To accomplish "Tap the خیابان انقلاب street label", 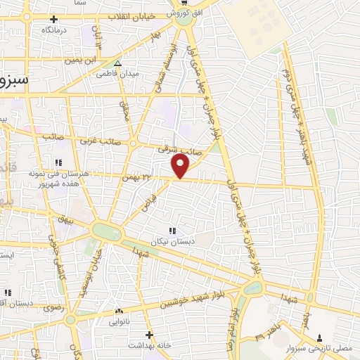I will click(x=143, y=15).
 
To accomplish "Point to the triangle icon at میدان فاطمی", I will click(x=117, y=63).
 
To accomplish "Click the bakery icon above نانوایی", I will click(x=118, y=310).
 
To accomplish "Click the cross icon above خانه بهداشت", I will click(x=148, y=335).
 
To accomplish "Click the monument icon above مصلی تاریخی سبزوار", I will click(x=320, y=337).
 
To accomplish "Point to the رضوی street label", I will click(x=53, y=307).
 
